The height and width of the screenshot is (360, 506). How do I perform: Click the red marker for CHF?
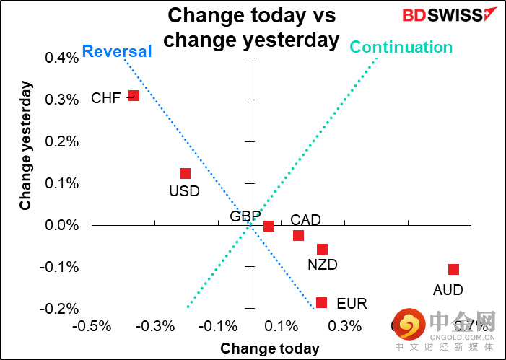[134, 95]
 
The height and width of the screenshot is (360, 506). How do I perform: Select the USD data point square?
[185, 173]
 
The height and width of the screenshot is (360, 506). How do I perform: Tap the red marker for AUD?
[453, 269]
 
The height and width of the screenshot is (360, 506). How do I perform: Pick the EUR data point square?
[321, 302]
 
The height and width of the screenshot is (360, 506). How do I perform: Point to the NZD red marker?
[322, 249]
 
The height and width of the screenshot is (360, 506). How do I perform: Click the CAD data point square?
[298, 235]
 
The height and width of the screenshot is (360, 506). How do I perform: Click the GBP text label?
[245, 216]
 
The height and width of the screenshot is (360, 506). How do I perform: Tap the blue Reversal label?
[117, 51]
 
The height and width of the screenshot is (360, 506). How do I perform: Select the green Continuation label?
[401, 48]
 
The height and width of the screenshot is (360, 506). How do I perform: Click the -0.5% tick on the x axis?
[93, 326]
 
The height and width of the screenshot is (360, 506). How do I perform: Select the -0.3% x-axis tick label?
[157, 326]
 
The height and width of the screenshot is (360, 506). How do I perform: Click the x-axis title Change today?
[269, 348]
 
